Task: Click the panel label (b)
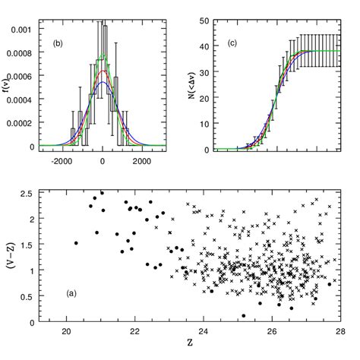[57, 43]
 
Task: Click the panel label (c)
[232, 43]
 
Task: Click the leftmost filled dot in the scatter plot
[76, 243]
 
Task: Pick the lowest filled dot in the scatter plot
[243, 315]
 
